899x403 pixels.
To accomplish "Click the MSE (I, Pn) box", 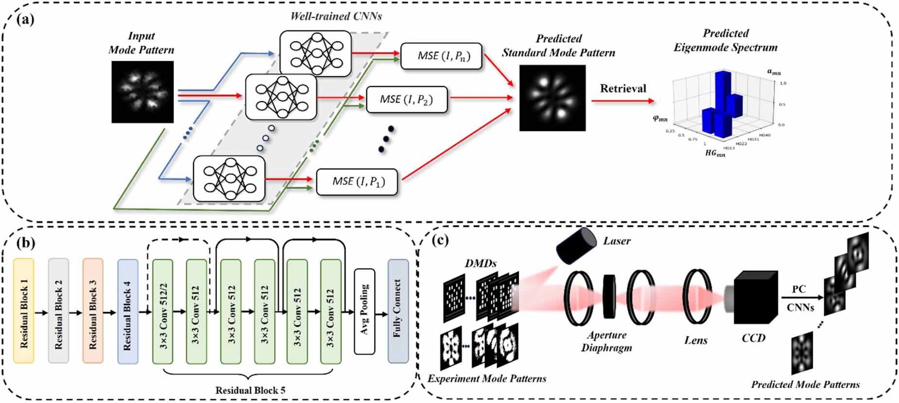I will point(442,56).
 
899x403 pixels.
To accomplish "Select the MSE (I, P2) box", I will point(406,100).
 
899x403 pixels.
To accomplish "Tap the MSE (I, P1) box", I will point(357,182).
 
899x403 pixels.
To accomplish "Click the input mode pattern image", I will point(142,92).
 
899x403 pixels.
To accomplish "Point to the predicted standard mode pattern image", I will point(553,98).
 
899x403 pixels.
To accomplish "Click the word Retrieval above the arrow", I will point(623,88).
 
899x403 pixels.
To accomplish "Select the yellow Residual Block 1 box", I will point(24,311).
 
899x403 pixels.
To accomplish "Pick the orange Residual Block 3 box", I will point(93,311).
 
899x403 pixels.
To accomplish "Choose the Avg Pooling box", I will point(364,311).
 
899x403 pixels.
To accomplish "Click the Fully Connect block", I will point(398,311).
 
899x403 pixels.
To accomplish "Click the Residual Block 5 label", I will point(250,390).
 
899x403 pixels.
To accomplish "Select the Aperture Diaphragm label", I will point(606,341).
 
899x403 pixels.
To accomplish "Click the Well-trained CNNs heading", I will point(336,16).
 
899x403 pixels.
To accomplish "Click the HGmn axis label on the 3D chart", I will point(715,153).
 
